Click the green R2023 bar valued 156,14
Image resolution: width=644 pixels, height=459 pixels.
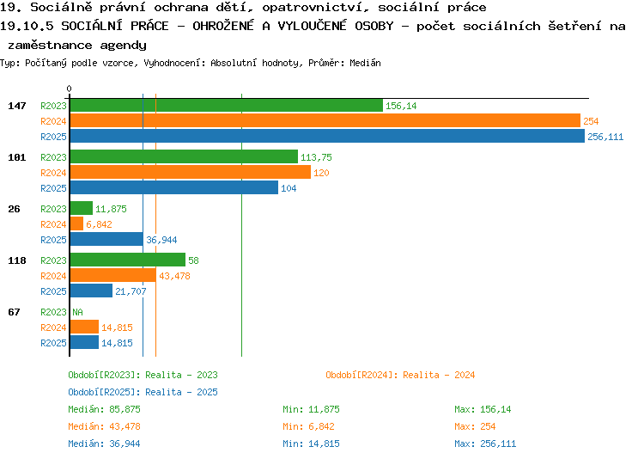click(x=227, y=105)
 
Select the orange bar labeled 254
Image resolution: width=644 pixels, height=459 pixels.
click(x=325, y=120)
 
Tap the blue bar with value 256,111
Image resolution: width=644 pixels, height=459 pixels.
click(x=327, y=136)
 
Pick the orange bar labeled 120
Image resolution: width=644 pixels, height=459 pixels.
click(x=191, y=172)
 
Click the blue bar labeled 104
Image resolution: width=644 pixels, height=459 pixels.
click(x=174, y=187)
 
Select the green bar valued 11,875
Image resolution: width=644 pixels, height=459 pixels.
click(x=82, y=208)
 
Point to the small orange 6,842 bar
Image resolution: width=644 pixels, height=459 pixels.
click(x=76, y=223)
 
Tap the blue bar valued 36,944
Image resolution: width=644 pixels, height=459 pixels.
click(x=106, y=239)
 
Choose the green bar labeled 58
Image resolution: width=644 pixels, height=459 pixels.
click(x=128, y=260)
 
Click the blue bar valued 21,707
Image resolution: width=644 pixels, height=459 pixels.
click(x=91, y=291)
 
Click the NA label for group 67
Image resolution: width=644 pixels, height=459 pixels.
click(x=77, y=312)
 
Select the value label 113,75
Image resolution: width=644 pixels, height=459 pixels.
click(x=316, y=157)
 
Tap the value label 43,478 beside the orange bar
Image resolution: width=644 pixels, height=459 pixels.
click(x=174, y=276)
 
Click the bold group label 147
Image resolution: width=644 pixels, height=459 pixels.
click(x=17, y=106)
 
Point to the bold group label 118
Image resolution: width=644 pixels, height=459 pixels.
click(x=17, y=260)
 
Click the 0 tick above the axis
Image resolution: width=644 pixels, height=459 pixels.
click(x=69, y=89)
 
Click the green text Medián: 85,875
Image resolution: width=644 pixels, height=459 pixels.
click(x=104, y=410)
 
